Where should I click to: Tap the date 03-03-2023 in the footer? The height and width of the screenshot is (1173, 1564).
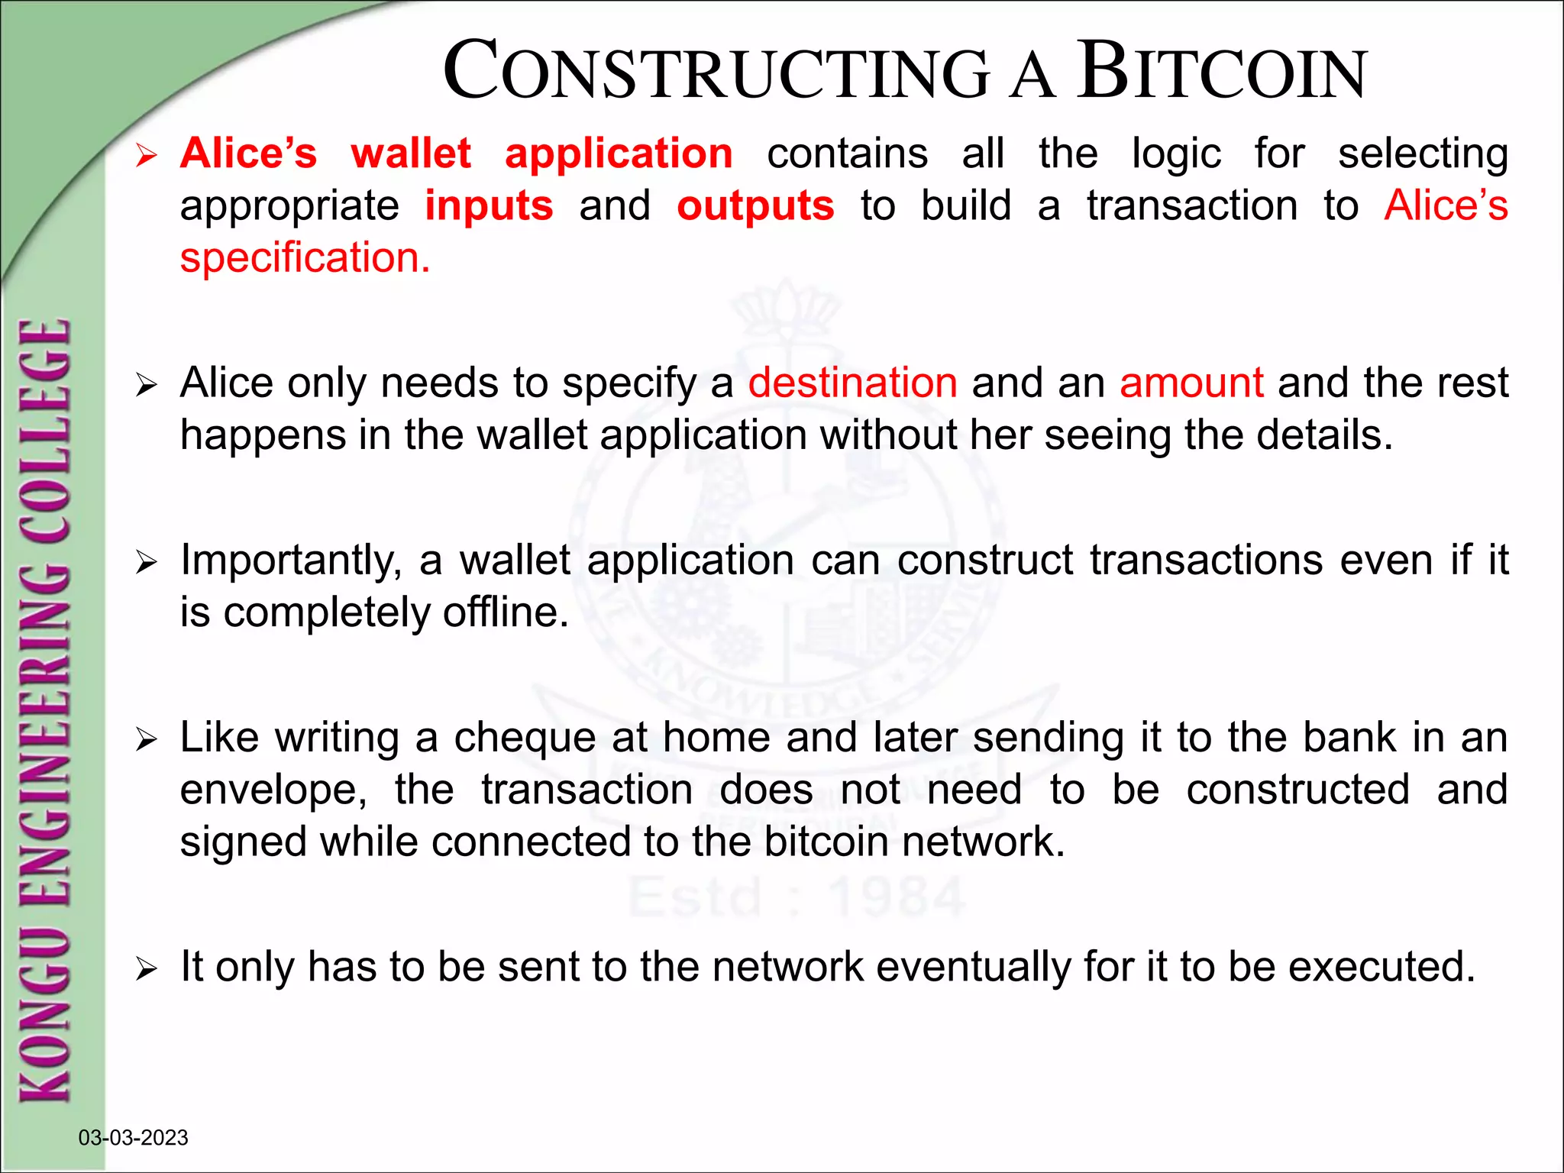(133, 1137)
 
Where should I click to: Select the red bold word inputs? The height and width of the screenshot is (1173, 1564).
(489, 205)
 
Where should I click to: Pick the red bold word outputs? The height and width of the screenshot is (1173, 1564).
(755, 205)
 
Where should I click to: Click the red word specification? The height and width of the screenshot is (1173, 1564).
(305, 258)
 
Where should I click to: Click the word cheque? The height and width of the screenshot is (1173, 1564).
(525, 738)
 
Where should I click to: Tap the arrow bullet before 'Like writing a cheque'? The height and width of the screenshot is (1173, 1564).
(145, 739)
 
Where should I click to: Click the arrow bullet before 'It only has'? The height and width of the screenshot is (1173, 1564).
(145, 969)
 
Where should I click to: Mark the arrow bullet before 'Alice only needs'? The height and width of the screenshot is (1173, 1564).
(145, 385)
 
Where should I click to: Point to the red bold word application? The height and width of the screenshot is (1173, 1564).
(619, 153)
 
